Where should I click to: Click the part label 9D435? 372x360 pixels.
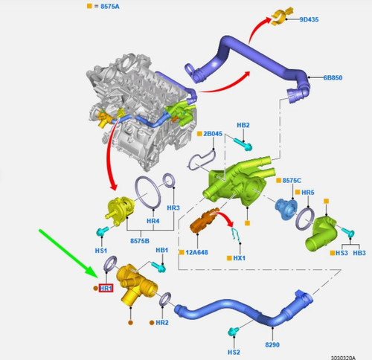[x=309, y=19]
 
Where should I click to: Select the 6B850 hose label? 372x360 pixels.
[x=333, y=77]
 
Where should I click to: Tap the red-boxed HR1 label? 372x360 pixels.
[x=106, y=288]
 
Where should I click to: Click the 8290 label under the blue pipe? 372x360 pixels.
[x=272, y=344]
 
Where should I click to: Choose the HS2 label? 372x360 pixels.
[x=234, y=352]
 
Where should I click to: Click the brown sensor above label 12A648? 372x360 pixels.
[x=204, y=220]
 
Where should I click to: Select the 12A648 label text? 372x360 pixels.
[x=197, y=252]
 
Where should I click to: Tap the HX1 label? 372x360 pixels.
[x=239, y=258]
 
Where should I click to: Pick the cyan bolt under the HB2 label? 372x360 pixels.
[x=243, y=144]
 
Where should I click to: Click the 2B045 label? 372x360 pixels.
[x=213, y=134]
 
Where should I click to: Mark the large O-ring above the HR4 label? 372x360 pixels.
[x=148, y=192]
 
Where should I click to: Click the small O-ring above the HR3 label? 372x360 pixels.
[x=169, y=181]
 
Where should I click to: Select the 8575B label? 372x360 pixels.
[x=140, y=241]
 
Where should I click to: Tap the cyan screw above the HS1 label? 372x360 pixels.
[x=103, y=231]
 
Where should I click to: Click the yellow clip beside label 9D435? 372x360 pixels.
[x=282, y=16]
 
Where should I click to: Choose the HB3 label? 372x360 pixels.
[x=359, y=253]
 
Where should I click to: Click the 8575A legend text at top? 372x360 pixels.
[x=110, y=7]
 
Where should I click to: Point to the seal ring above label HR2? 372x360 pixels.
[x=165, y=299]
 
